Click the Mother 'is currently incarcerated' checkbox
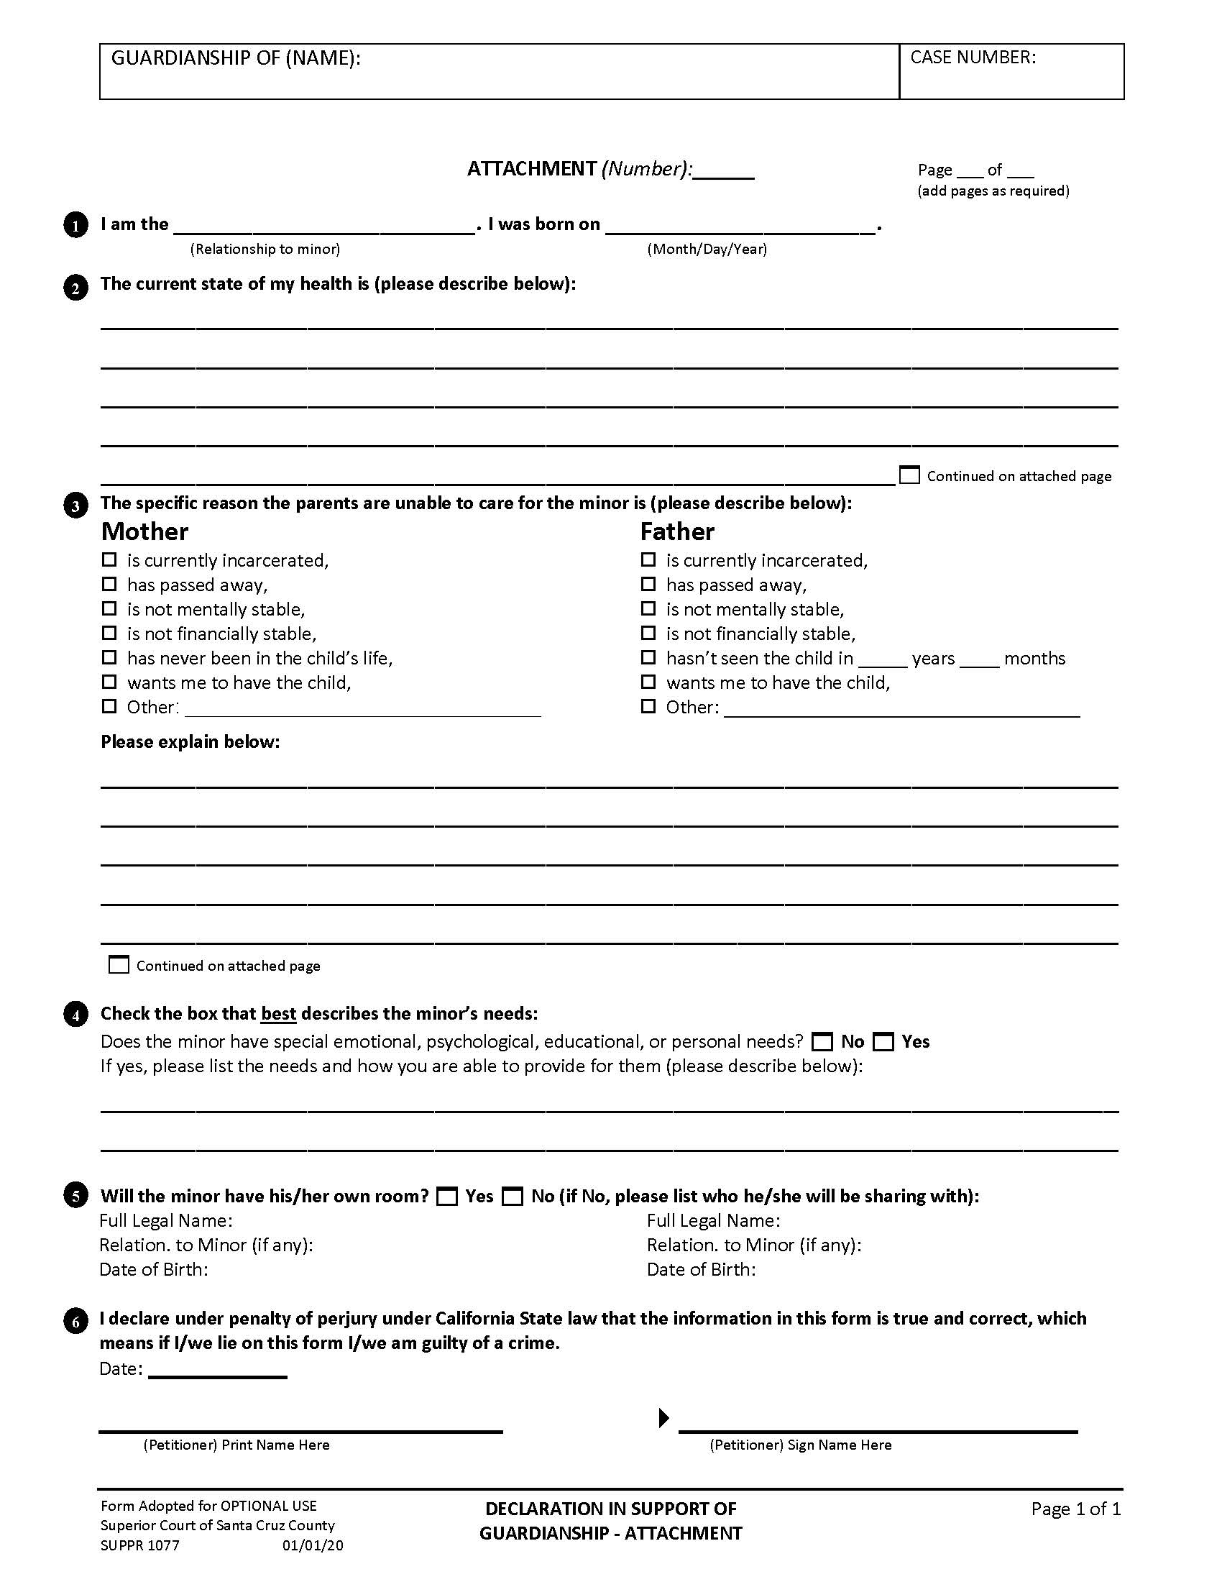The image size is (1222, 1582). pos(109,559)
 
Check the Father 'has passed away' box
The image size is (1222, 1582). pos(648,584)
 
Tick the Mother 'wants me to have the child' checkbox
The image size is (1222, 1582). pos(109,682)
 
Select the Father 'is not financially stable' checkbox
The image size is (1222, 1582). pos(648,633)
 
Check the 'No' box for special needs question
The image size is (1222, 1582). pos(822,1043)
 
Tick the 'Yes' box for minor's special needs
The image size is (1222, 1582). pos(883,1043)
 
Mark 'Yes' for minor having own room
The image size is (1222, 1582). pos(447,1197)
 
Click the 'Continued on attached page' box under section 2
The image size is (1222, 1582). pos(909,475)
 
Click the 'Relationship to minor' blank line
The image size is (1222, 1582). pos(324,226)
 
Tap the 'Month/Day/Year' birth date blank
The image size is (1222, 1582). pos(740,226)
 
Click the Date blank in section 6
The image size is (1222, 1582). pos(217,1369)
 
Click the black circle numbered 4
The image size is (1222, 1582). pos(75,1015)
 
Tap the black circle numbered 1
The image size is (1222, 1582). pos(75,226)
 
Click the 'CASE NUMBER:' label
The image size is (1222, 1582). pos(973,58)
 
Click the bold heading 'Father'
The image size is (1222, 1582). pos(677,531)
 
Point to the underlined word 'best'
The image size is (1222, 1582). pos(279,1013)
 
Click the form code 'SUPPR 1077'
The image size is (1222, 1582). pos(139,1546)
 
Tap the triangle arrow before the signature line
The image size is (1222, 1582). pos(663,1417)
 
